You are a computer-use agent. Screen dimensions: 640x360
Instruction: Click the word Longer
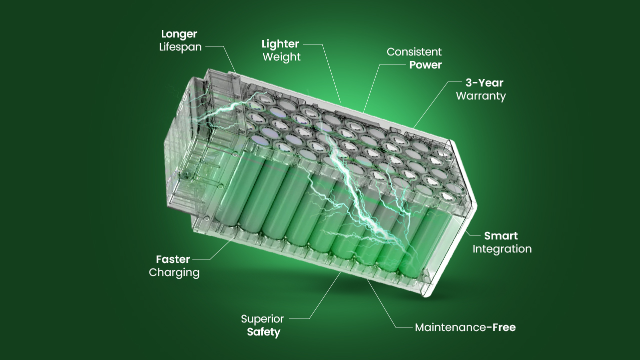tap(179, 34)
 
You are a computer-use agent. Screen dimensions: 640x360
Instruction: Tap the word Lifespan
tap(180, 47)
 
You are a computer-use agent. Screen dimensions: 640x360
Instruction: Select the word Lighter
tap(280, 44)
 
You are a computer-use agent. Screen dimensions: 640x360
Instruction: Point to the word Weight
tap(281, 57)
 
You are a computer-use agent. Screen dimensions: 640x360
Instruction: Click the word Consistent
tap(414, 52)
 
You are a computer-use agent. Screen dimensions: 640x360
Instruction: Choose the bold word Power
tap(426, 65)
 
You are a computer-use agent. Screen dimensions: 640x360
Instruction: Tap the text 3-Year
tap(484, 83)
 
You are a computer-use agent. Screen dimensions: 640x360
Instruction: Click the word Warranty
tap(481, 96)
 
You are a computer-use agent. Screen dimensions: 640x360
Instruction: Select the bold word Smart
tap(501, 236)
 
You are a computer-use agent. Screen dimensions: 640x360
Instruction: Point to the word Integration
tap(502, 249)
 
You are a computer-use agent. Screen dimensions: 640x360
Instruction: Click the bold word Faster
tap(173, 259)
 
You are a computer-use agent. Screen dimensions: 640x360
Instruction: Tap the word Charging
tap(174, 272)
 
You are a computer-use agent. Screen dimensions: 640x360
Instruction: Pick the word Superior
tap(262, 319)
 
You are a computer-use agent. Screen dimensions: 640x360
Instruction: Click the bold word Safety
tap(263, 332)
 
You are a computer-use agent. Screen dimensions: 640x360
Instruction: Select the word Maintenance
tap(450, 327)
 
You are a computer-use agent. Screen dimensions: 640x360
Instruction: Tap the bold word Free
tap(504, 327)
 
